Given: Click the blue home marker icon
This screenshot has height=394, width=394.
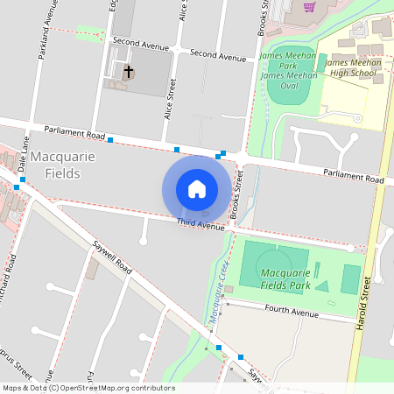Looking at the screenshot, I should (x=197, y=189).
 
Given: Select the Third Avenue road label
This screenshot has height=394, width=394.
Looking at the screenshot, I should (x=200, y=225).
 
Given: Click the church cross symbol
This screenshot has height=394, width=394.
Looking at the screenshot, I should (x=129, y=72).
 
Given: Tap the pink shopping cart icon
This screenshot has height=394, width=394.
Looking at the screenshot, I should (x=309, y=8).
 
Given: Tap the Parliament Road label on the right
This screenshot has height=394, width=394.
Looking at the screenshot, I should (x=353, y=177).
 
